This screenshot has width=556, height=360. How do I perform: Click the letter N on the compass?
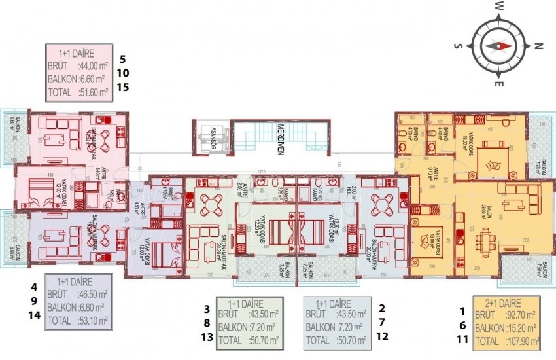click(538, 46)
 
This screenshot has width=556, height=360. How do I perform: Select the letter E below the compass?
click(498, 84)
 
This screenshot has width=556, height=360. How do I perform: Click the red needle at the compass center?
click(500, 46)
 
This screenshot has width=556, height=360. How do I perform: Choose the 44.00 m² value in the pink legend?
click(90, 65)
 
